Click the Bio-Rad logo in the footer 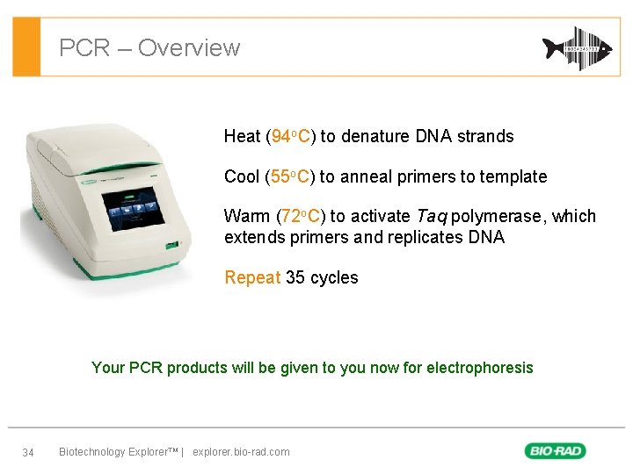[556, 451]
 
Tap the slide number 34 [28, 452]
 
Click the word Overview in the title [188, 47]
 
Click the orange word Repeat [252, 277]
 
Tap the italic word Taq [432, 216]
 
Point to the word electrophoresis [479, 368]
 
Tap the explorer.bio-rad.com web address [240, 452]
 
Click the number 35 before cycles [295, 277]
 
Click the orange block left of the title [28, 47]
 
